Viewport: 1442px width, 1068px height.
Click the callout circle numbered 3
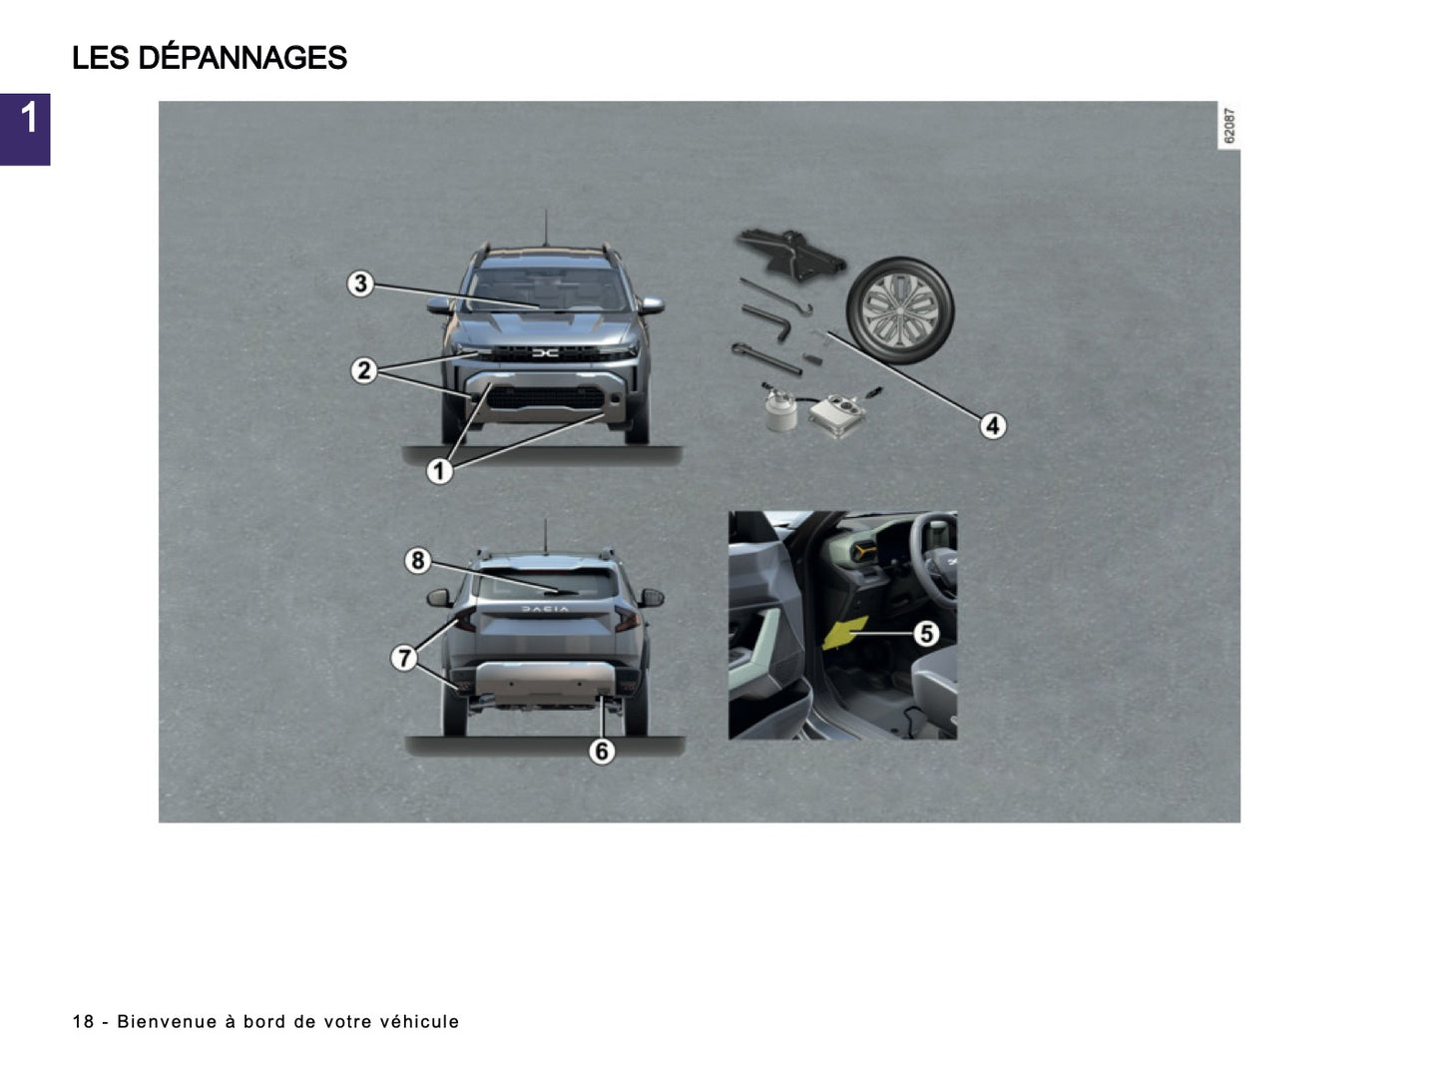(x=360, y=283)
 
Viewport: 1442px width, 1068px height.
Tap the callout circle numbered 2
(x=364, y=371)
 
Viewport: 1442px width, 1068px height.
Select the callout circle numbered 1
(x=439, y=470)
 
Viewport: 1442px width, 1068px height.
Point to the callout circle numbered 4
(x=992, y=426)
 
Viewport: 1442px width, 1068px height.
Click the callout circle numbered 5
(x=927, y=633)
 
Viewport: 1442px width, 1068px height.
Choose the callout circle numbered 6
(x=601, y=751)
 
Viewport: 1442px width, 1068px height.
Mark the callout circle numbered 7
(x=404, y=658)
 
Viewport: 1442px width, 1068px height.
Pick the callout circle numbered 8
(x=417, y=561)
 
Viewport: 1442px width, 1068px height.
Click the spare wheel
(x=900, y=305)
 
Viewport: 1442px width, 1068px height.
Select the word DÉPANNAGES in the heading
(x=242, y=58)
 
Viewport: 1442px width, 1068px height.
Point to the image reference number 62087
(x=1229, y=126)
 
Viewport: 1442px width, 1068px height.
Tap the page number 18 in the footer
(x=83, y=1021)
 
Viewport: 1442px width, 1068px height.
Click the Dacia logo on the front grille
(x=545, y=352)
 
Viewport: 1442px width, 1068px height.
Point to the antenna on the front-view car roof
(x=545, y=228)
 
